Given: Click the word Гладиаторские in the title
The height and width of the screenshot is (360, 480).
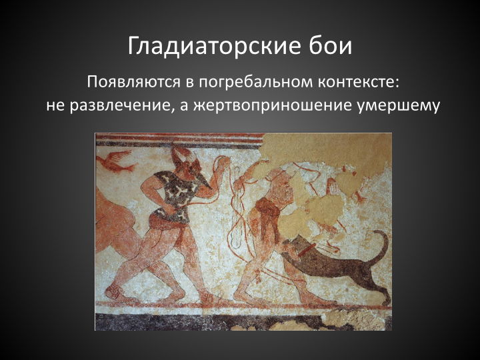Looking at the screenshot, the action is point(212,45).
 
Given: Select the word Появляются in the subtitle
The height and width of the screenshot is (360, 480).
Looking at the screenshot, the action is point(133,83).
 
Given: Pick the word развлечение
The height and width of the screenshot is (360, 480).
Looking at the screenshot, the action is point(120,105).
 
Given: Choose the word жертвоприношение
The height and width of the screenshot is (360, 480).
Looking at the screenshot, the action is point(272,106).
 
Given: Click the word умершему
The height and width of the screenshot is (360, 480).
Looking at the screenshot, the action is point(398,106).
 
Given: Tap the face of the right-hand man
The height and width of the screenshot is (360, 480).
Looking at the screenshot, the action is point(285,190).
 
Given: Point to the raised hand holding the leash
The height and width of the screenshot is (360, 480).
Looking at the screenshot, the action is point(224,163).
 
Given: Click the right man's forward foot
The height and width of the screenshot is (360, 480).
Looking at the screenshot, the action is point(245,296).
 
